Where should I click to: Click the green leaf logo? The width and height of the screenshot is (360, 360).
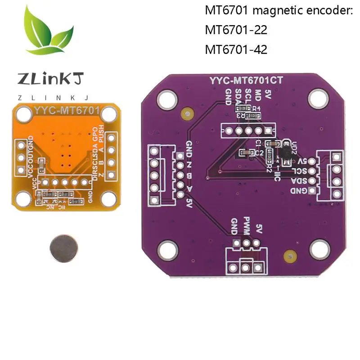click(49, 34)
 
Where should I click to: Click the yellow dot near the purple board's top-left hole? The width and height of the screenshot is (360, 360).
click(185, 114)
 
